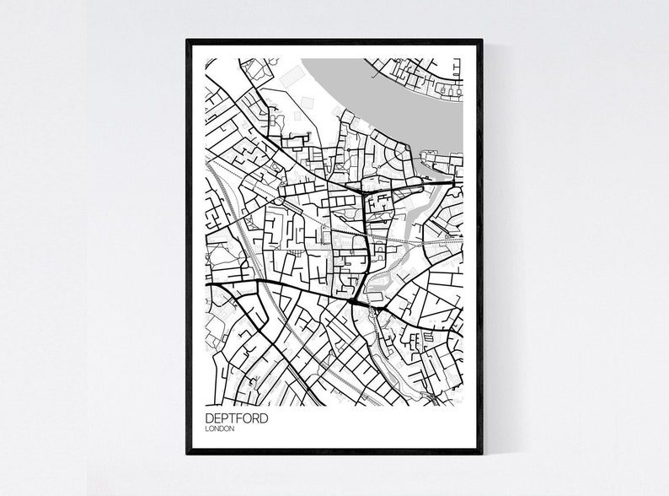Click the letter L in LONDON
207,429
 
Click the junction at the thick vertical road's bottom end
351,300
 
